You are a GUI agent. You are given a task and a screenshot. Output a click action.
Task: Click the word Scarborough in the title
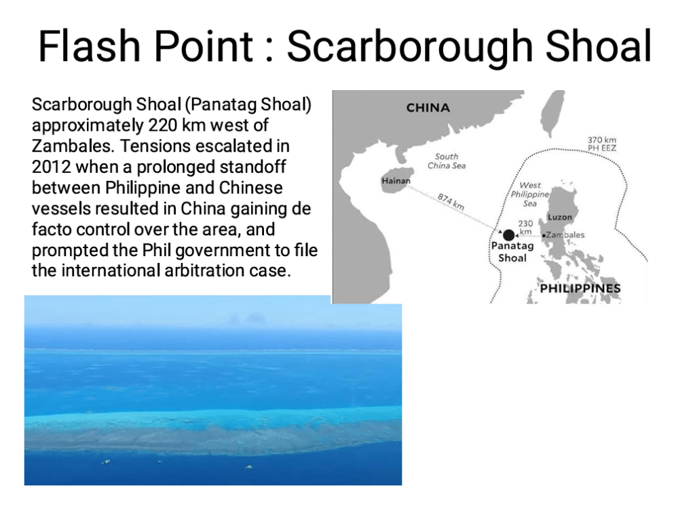[409, 47]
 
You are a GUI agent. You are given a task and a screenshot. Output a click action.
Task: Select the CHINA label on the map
[428, 108]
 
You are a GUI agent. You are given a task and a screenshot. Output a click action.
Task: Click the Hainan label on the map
[396, 180]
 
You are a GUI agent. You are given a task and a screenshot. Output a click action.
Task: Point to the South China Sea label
[447, 161]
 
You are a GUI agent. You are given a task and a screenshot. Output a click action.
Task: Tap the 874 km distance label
[451, 201]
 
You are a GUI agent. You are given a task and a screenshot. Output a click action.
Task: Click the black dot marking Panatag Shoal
[509, 235]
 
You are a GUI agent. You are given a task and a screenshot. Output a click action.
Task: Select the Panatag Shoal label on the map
[512, 252]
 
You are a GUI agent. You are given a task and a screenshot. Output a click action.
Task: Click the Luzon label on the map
[560, 217]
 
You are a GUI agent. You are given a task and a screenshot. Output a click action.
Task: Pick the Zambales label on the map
[565, 235]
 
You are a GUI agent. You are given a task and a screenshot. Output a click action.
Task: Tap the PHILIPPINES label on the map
[580, 288]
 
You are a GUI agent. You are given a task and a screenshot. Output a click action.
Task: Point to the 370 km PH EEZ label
[602, 144]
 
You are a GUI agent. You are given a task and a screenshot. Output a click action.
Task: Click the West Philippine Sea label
[529, 195]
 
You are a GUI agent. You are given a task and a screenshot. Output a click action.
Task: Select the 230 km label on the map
[525, 228]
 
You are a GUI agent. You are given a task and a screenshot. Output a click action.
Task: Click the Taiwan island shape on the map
[552, 113]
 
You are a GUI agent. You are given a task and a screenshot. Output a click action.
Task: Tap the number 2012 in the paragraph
[52, 167]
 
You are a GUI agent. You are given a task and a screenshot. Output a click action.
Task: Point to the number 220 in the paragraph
[163, 125]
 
